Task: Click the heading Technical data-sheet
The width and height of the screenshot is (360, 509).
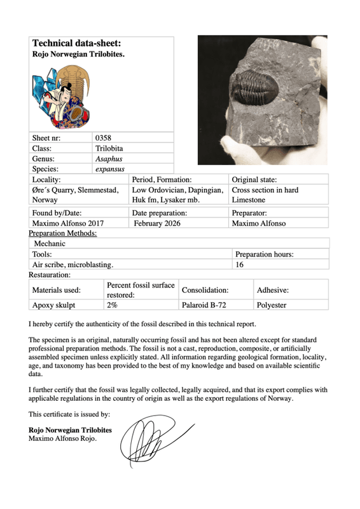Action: [x=76, y=44]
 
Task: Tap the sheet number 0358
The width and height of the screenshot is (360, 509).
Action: [x=103, y=137]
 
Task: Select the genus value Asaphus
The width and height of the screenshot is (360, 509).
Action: [x=108, y=158]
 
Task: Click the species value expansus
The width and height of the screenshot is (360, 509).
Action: [x=109, y=169]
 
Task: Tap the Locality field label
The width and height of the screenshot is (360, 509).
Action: [x=46, y=180]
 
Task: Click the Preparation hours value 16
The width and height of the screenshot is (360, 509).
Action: [x=240, y=264]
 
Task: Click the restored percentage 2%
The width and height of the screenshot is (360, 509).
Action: [x=112, y=305]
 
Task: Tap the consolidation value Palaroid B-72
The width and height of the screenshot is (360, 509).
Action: [x=205, y=305]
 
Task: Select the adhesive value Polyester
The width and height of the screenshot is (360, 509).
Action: [x=272, y=305]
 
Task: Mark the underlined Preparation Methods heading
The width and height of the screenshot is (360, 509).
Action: [x=63, y=234]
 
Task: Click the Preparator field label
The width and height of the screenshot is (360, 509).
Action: [x=249, y=213]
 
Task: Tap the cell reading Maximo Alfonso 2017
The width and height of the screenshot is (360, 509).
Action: [x=67, y=224]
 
